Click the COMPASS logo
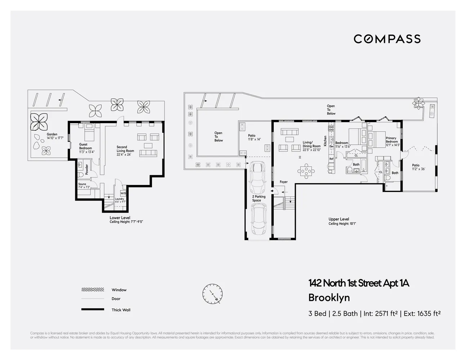pos(387,39)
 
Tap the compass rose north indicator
pos(212,293)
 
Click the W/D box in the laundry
pos(123,193)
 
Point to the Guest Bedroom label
pos(86,148)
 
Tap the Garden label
pos(53,136)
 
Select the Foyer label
pos(283,182)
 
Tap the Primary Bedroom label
pos(392,140)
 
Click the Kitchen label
pos(325,141)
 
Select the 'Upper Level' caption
pos(339,219)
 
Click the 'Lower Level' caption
pos(120,218)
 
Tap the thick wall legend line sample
pos(93,310)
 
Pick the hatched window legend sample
pos(93,290)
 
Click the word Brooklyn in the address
pos(329,298)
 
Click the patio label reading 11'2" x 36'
pos(418,167)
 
